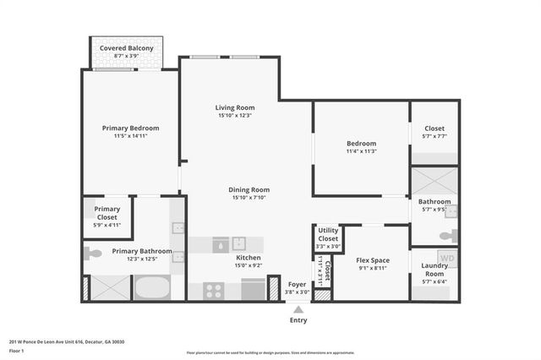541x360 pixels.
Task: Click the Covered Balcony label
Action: point(126,49)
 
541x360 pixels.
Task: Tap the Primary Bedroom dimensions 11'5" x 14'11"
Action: point(130,136)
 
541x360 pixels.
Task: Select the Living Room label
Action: point(234,108)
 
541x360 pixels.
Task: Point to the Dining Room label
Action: point(249,190)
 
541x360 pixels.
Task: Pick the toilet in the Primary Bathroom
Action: point(93,253)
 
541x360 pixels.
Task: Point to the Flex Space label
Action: point(372,259)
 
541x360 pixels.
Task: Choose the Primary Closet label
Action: point(107,213)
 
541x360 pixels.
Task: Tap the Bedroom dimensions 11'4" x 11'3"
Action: point(361,152)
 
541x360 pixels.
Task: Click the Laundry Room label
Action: point(434,270)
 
